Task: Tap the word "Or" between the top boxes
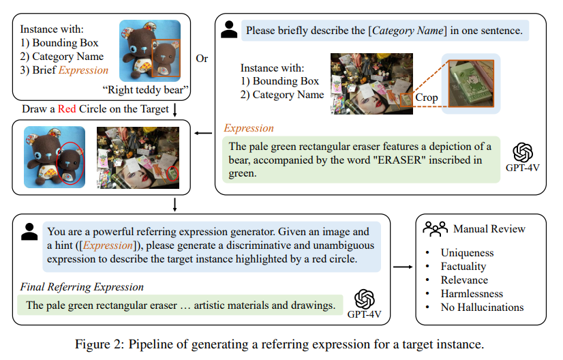pos(202,58)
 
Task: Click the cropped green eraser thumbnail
pos(471,83)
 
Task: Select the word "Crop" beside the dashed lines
pos(427,97)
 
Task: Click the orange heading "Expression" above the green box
pos(249,128)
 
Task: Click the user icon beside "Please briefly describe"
pos(230,29)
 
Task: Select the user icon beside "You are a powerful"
pos(29,232)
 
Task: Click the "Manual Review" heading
pos(489,229)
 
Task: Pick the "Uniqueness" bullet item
pos(467,253)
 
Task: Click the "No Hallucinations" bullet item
pos(482,307)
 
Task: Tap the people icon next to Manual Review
pos(435,228)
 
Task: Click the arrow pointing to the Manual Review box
pos(404,267)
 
